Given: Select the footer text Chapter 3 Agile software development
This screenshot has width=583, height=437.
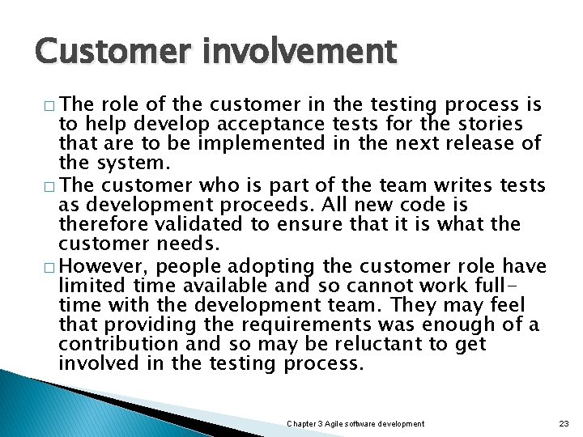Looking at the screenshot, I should (x=355, y=423).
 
